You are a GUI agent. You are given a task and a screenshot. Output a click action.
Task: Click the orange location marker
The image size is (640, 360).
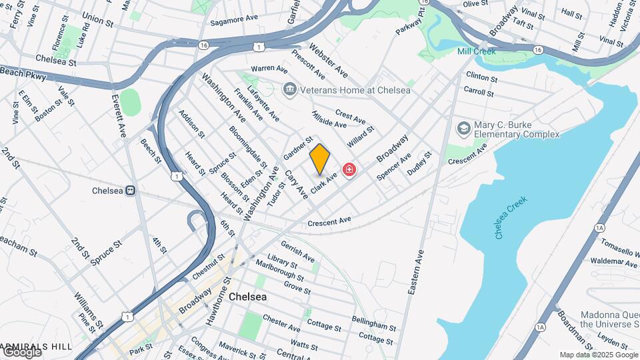click(x=320, y=159)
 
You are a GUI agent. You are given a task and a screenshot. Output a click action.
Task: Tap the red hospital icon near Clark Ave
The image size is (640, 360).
click(x=349, y=171)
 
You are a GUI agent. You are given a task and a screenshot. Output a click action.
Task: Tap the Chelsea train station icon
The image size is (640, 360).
click(x=131, y=191)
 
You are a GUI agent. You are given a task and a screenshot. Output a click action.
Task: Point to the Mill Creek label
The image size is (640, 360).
click(x=477, y=51)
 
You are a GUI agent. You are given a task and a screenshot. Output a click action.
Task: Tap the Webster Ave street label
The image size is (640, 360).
click(x=329, y=59)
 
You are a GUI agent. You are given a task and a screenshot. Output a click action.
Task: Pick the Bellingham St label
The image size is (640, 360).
click(x=374, y=325)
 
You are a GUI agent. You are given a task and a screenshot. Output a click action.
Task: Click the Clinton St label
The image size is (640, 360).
click(x=482, y=77)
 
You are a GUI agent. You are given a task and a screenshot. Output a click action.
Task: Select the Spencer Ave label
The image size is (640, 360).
click(x=393, y=167)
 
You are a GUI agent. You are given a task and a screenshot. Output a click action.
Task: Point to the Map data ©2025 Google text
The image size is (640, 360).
click(x=598, y=355)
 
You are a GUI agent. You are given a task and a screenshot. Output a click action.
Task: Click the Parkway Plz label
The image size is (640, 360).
click(x=409, y=23)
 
